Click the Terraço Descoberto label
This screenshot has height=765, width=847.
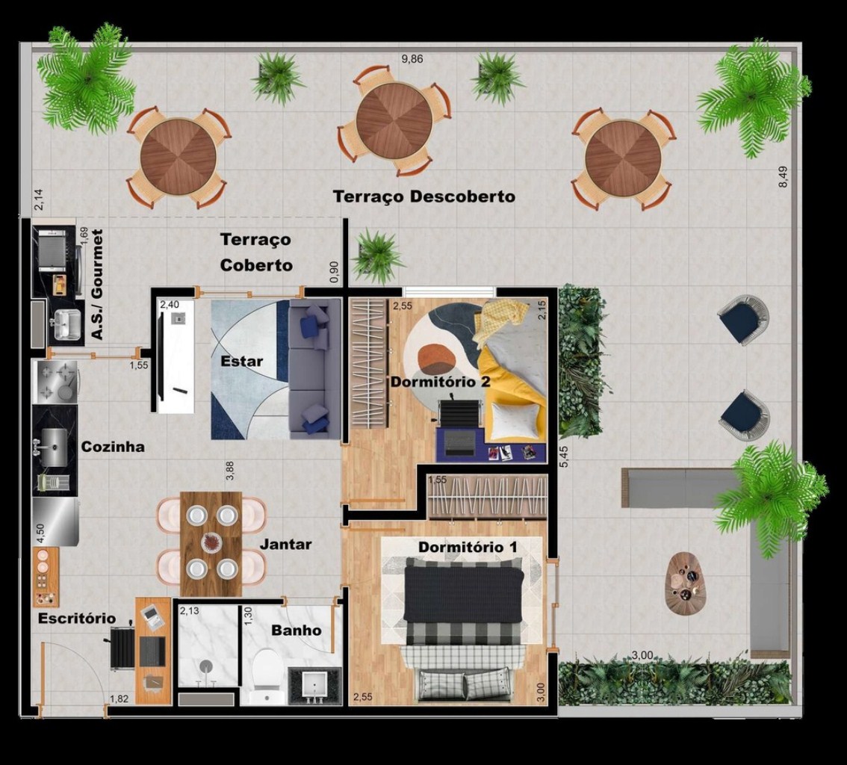(424, 196)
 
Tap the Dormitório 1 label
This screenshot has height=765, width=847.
(468, 548)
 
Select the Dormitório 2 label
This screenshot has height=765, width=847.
(440, 382)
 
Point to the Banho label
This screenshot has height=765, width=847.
(296, 630)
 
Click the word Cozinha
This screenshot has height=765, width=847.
(113, 447)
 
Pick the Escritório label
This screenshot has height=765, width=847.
(77, 618)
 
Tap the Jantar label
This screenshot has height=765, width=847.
(286, 544)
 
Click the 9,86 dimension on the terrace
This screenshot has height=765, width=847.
(412, 59)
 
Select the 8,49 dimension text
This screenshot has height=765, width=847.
(783, 176)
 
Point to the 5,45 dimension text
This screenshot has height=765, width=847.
(563, 456)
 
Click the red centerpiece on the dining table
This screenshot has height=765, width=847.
(211, 542)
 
